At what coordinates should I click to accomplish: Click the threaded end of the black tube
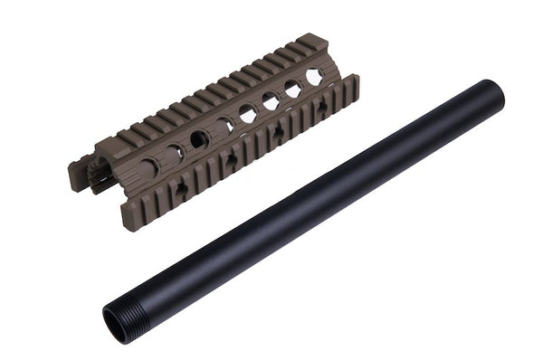click(122, 317)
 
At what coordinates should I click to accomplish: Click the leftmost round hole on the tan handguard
click(148, 167)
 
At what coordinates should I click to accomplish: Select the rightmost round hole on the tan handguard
click(314, 78)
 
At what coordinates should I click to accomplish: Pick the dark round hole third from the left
click(198, 139)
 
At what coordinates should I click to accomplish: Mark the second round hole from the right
click(292, 89)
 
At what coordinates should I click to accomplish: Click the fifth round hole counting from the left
click(247, 113)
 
